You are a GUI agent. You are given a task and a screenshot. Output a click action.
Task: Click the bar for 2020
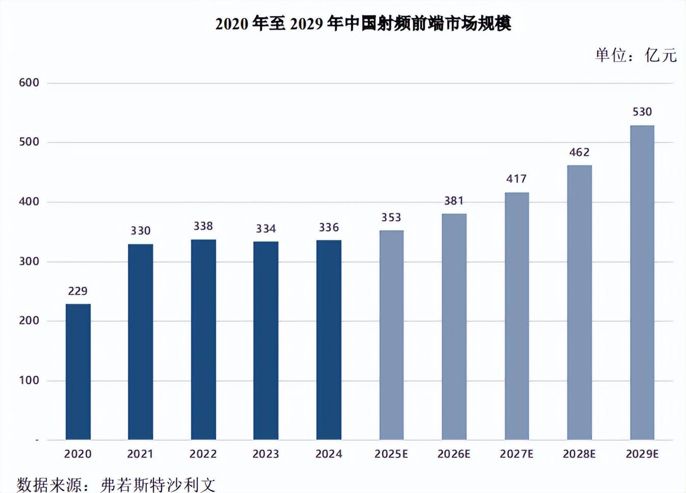point(78,372)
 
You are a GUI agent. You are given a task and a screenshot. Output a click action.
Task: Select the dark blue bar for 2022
point(203,340)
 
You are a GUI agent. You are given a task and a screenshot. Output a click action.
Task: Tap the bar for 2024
point(329,340)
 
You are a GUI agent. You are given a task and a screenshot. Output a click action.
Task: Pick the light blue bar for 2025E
point(391,335)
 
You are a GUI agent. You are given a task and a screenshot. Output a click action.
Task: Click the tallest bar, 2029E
point(642,283)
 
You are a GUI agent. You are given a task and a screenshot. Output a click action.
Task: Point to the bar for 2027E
point(517,316)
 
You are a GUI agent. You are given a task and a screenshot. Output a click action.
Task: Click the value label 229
point(78,291)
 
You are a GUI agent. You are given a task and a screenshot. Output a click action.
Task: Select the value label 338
point(203,226)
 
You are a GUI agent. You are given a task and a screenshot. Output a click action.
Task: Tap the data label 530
point(642,112)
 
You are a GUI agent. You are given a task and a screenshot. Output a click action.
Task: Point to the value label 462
point(579,152)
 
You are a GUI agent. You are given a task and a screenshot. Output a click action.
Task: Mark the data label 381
point(454,201)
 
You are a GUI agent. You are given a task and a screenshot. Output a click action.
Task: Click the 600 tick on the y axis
point(29,83)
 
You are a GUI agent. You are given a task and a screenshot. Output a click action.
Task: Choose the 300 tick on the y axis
point(29,261)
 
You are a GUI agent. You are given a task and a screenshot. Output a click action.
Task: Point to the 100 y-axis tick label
point(29,380)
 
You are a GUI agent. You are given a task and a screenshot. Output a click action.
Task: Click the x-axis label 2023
point(266,454)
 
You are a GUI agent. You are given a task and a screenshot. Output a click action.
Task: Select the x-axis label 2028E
point(579,454)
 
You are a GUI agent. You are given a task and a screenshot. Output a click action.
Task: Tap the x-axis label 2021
point(140,454)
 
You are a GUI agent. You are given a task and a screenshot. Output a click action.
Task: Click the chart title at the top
point(363,23)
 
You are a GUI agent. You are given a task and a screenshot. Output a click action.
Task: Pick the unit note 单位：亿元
point(636,55)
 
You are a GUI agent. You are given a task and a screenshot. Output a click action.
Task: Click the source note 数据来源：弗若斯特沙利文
point(116,484)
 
